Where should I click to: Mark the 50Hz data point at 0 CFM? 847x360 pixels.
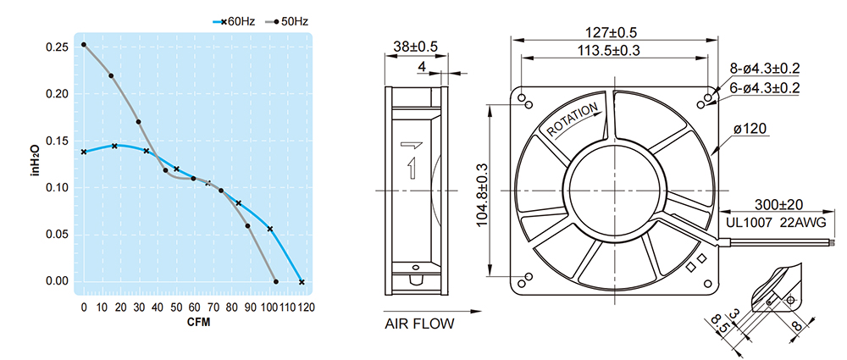[x=84, y=45]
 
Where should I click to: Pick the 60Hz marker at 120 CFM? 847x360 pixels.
[x=302, y=281]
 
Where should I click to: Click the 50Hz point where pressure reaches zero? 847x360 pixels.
[x=275, y=281]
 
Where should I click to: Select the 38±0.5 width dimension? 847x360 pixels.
[x=416, y=47]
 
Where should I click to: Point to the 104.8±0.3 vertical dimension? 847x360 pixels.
[x=484, y=190]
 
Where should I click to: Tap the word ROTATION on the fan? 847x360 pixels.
[x=573, y=120]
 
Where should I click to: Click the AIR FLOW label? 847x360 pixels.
[x=419, y=324]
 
